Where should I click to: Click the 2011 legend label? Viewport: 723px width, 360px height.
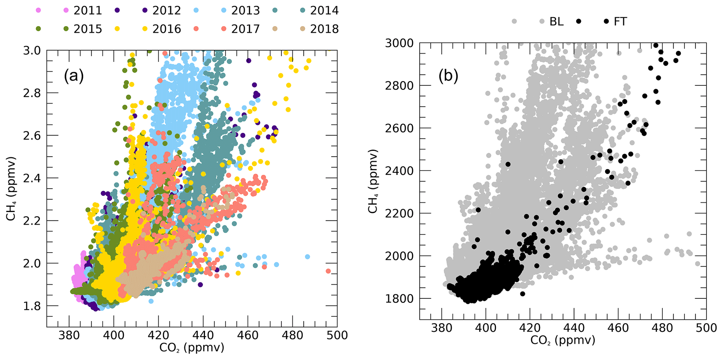[87, 10]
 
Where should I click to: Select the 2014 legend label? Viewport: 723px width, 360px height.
[324, 10]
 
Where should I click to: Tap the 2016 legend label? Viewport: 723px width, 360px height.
[166, 29]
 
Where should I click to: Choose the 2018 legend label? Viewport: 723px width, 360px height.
[324, 29]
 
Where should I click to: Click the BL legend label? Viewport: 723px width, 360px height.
[557, 22]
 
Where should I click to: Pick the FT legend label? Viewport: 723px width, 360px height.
[621, 22]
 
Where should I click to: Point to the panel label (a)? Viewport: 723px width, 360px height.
[73, 75]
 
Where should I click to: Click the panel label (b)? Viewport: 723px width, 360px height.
[448, 76]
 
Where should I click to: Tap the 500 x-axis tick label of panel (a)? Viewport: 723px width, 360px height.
[337, 335]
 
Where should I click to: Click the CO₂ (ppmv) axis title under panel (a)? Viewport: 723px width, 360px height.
[192, 348]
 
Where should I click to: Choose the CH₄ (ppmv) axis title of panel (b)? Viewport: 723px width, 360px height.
[374, 181]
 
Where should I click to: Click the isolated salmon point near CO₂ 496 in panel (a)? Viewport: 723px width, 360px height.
[328, 271]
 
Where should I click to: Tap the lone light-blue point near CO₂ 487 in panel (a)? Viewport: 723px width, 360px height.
[307, 257]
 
